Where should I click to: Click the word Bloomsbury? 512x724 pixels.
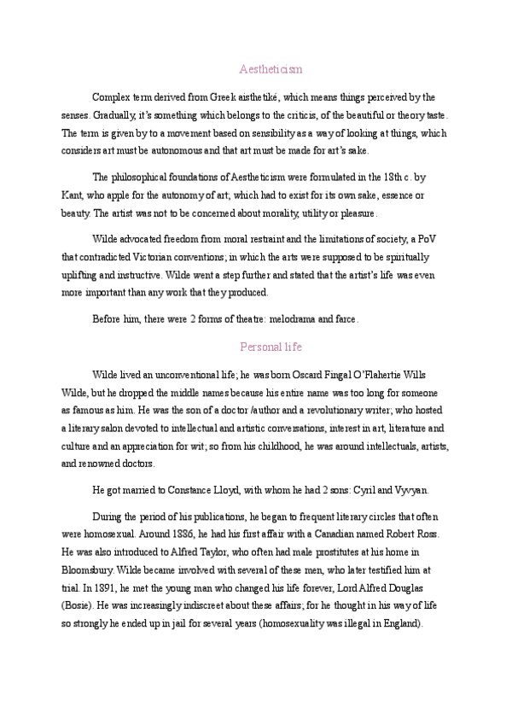(88, 568)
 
